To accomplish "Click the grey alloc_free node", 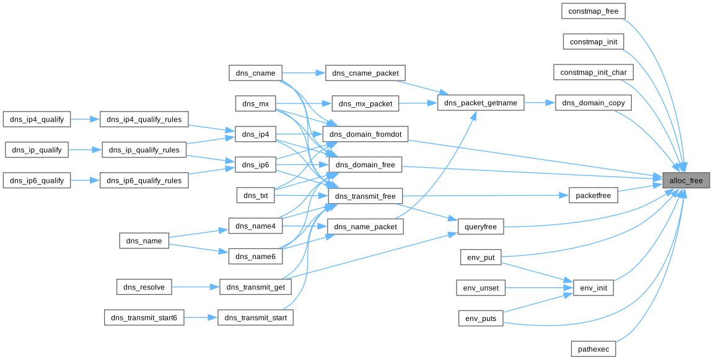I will coord(686,181).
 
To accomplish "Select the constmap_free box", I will coord(593,11).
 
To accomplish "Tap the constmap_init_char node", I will coord(593,72).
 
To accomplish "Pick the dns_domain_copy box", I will coord(593,103).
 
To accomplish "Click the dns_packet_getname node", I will coord(481,103).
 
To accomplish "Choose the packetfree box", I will coord(593,196).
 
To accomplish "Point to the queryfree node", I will coord(481,227).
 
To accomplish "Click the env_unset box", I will coord(481,288).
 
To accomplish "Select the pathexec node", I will coord(593,349).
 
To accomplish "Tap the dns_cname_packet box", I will coord(365,73).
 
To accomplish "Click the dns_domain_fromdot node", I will coord(365,134).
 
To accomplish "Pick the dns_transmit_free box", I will coord(365,196).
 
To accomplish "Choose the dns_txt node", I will coord(255,196).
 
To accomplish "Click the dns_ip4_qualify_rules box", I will coord(144,120).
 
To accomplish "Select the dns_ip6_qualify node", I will coord(37,180).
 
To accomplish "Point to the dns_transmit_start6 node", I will coord(144,318).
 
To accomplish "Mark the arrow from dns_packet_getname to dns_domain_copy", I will coord(540,103).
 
